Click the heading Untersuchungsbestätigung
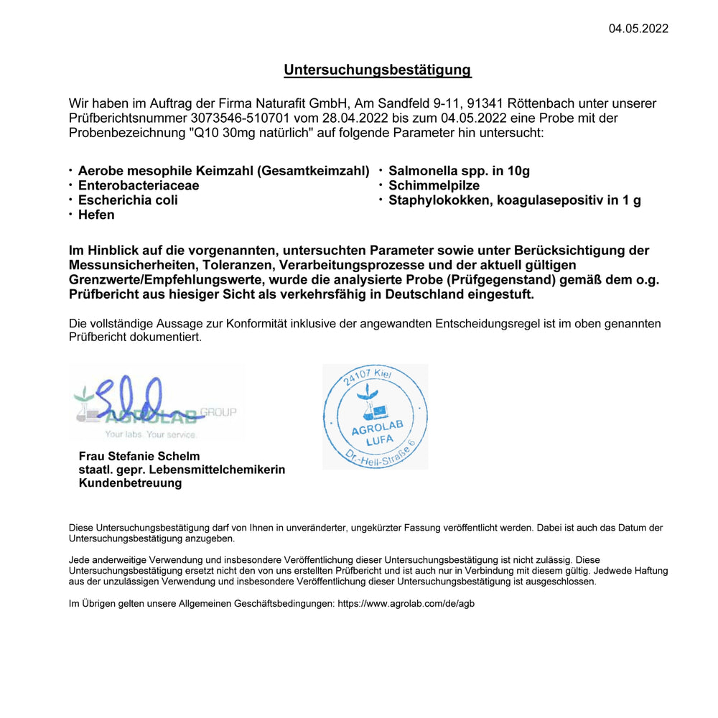pos(377,70)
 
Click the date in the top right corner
pos(638,29)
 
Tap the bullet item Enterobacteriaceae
pos(139,185)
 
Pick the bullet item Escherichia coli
pos(128,200)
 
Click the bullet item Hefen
pos(96,215)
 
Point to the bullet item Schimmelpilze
pos(434,185)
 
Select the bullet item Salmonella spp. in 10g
pos(459,171)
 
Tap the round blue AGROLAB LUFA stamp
pos(376,416)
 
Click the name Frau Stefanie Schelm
pos(139,456)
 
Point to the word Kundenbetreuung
pos(130,483)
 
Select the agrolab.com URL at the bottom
pos(406,604)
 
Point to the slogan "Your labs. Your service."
pos(150,434)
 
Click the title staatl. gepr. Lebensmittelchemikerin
pos(182,470)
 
